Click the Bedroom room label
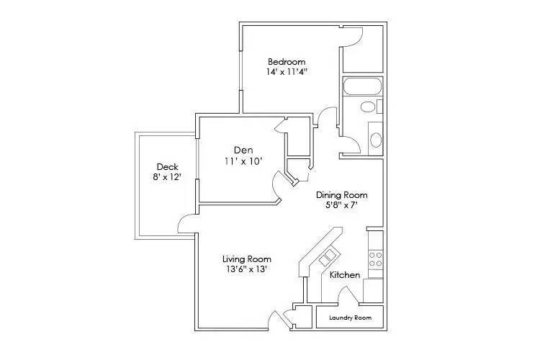[x=287, y=61]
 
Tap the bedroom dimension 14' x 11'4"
[x=287, y=72]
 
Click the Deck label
[x=167, y=167]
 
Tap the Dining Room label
[x=342, y=195]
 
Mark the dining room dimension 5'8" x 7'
[x=342, y=206]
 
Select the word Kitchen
[x=345, y=275]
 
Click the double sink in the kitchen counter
[x=329, y=255]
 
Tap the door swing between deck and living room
[x=186, y=224]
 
